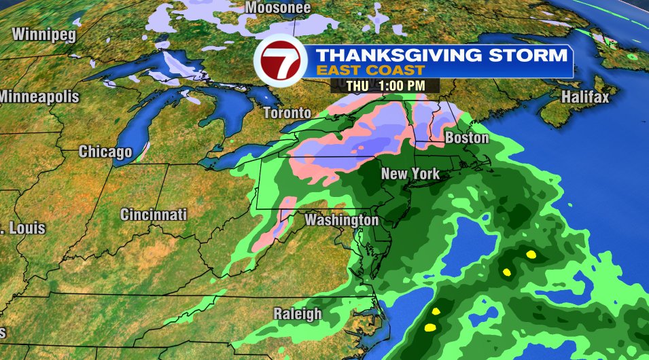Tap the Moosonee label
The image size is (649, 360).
tap(278, 8)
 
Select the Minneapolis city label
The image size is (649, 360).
tap(39, 96)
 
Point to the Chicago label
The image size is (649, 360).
tap(105, 151)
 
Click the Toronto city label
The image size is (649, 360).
tap(287, 113)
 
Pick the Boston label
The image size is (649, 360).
tap(467, 138)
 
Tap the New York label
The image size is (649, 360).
tap(410, 174)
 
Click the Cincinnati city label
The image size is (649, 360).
tap(154, 215)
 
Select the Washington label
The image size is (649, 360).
tap(341, 221)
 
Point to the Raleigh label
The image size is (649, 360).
tap(297, 313)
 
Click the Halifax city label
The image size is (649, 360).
tap(585, 98)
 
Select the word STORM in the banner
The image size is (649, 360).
tap(532, 54)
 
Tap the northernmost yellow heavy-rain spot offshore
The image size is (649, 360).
tap(531, 255)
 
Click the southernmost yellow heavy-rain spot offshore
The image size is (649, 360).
tap(429, 327)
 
